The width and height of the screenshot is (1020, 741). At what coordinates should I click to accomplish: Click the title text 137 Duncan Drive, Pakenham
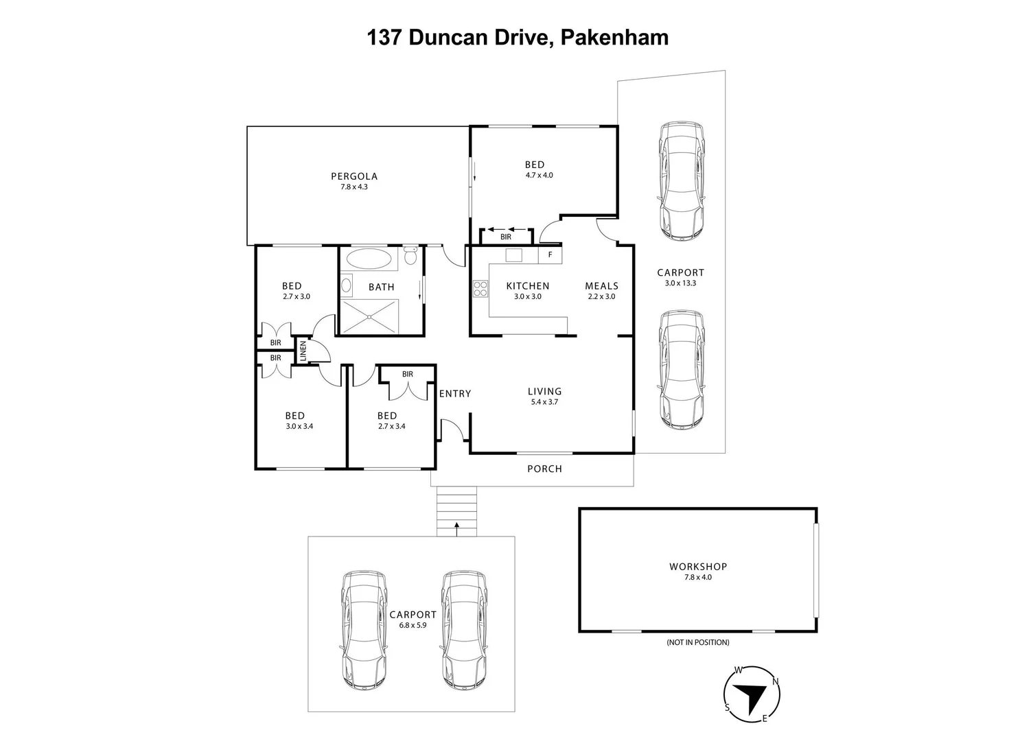pos(518,37)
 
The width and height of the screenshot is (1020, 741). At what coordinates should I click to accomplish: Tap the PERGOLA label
pos(354,176)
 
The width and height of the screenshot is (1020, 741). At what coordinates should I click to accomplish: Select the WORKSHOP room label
pos(697,567)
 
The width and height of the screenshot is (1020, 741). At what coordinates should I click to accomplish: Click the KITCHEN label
pos(527,286)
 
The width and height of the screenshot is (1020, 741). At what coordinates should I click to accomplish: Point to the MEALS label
pos(601,286)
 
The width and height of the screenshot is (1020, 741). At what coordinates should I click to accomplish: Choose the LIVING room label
pos(544,392)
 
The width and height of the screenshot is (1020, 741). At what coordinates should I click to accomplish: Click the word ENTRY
pos(454,394)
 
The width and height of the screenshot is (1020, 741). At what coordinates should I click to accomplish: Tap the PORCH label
pos(544,469)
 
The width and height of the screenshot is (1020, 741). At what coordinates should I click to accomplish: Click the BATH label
pos(381,287)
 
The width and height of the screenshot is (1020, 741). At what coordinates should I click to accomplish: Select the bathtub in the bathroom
pos(370,259)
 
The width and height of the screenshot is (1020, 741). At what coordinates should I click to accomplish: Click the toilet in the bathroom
pos(410,256)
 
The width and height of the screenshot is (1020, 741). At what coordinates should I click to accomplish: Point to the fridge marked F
pos(550,255)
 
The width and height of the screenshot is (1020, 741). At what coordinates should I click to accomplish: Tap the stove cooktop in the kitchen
pos(480,290)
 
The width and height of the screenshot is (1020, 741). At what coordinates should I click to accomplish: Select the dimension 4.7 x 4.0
pos(539,176)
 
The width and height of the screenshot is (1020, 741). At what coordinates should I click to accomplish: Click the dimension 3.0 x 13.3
pos(680,283)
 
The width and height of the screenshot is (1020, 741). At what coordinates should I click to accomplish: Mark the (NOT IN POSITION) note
pos(697,643)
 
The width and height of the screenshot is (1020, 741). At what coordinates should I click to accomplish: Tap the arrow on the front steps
pos(456,526)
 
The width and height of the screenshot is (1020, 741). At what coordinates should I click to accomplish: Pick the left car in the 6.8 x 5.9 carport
pos(364,630)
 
